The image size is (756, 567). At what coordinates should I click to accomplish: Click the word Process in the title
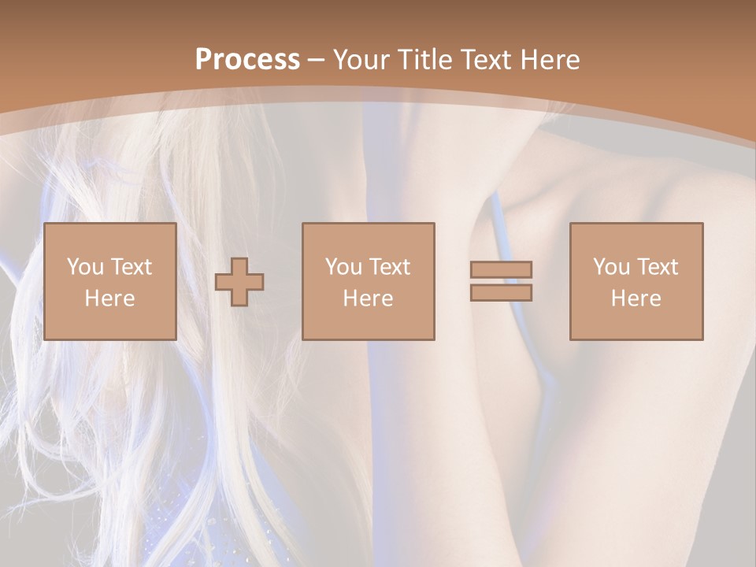coord(247,60)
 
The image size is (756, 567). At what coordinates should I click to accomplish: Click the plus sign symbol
coord(239,282)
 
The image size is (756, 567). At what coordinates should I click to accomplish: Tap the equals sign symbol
coord(501,281)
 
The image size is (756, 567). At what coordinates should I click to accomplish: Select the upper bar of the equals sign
coord(501,269)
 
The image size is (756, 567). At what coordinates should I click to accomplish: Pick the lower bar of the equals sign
coord(501,292)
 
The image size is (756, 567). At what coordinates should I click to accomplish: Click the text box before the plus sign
coord(110,281)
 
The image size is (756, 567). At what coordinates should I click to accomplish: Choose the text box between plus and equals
coord(369,281)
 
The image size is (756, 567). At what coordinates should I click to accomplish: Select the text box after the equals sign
coord(636,281)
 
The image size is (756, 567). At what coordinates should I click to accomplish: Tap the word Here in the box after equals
coord(636,298)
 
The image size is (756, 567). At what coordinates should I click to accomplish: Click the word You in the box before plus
coord(85,267)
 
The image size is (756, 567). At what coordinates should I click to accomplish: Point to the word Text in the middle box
coord(390,267)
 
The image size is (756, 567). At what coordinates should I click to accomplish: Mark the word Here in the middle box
coord(369,298)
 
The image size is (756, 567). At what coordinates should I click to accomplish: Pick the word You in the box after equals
coord(611,267)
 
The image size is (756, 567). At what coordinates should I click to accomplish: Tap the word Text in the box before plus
coord(132,267)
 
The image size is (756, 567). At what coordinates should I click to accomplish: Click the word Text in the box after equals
coord(658,267)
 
